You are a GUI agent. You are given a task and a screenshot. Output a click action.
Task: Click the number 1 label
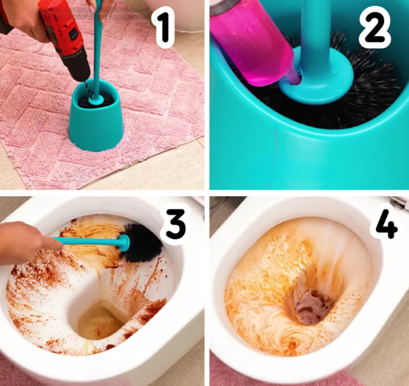point(164,27)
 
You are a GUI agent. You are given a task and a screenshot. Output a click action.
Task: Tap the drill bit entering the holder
point(87,88)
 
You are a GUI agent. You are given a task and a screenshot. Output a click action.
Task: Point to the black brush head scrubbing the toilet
point(143,243)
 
